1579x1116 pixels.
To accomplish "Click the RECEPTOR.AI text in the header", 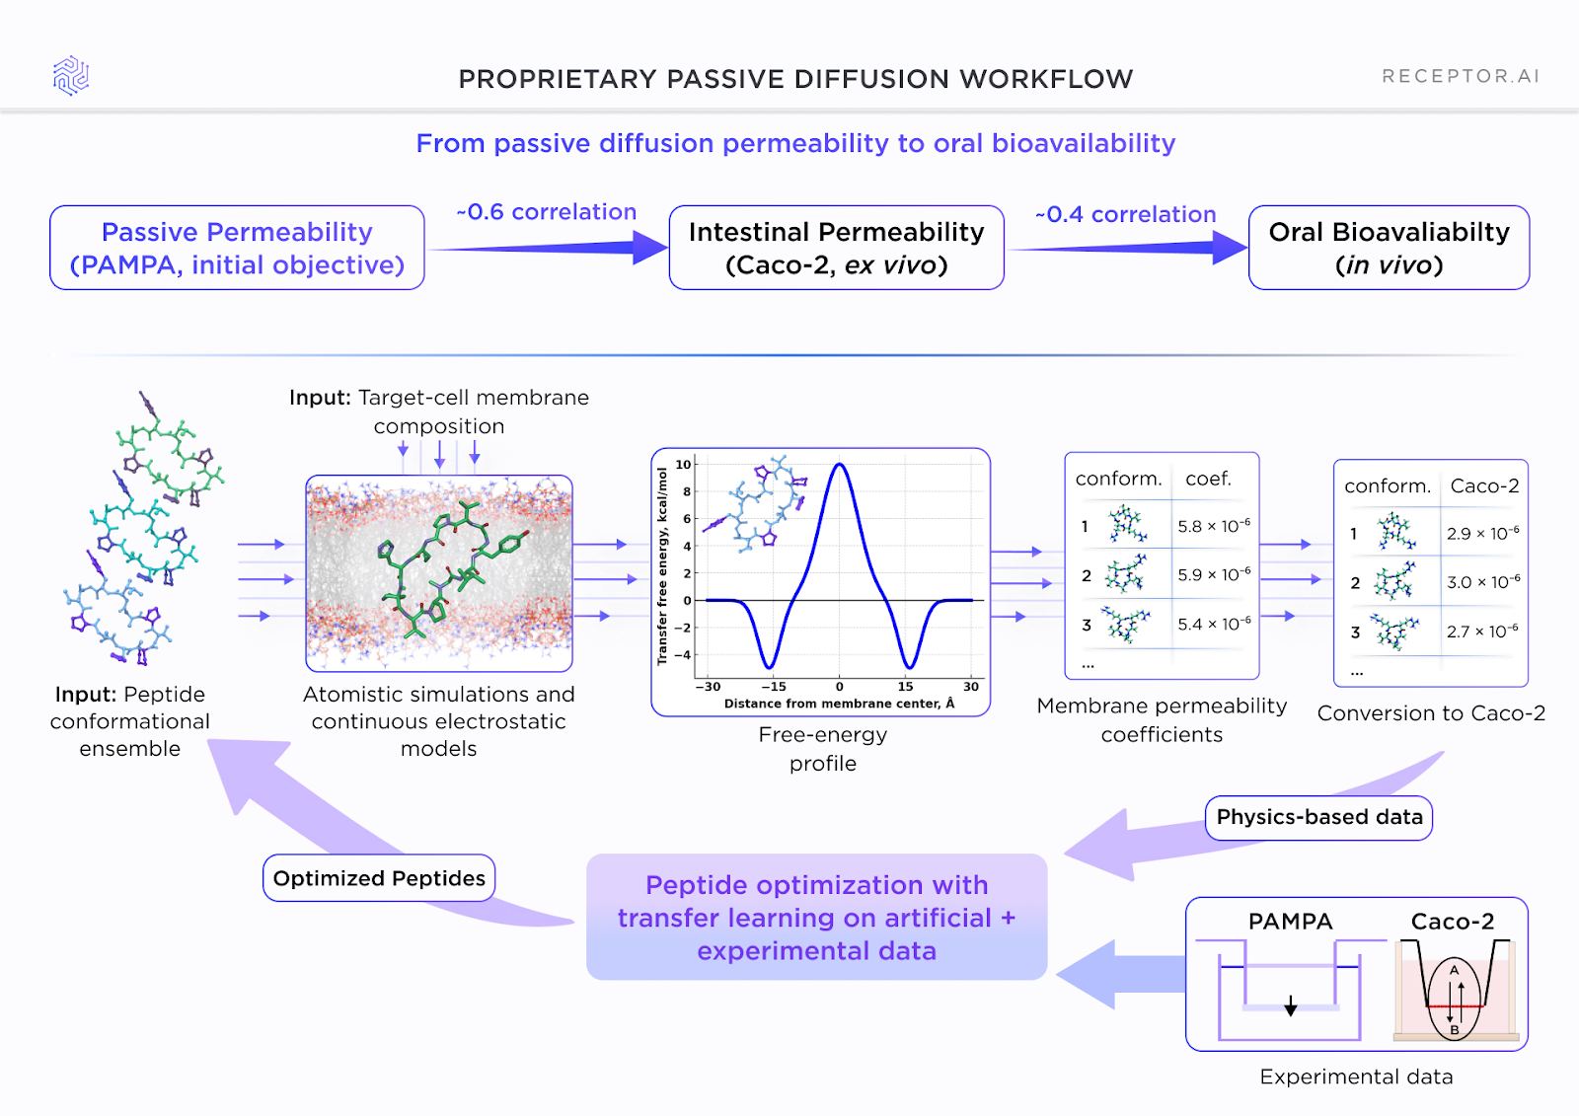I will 1460,77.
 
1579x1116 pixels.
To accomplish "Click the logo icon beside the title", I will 71,76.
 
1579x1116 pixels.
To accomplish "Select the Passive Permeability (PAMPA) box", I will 237,248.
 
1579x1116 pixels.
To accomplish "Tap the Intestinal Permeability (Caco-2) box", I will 836,248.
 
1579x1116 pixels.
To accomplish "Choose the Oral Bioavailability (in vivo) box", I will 1389,248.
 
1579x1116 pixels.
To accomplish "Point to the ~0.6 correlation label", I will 547,212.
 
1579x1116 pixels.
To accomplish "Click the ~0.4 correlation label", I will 1126,214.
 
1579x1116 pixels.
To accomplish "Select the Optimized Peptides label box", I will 379,878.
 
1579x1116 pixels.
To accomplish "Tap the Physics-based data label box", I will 1318,817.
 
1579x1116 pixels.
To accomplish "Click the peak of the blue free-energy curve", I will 839,465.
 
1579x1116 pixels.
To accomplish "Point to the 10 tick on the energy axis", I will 683,465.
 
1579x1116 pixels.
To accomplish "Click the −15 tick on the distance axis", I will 773,687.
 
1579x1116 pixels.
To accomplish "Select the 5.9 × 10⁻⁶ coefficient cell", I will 1214,574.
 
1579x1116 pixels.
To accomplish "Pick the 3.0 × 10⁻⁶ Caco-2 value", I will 1483,582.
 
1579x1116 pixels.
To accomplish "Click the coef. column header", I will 1208,479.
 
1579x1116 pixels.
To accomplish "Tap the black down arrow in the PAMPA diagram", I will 1290,1005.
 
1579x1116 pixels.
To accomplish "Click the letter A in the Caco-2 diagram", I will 1454,970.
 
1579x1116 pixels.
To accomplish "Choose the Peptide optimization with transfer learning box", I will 816,918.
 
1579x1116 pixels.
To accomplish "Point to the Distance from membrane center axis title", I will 839,704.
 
